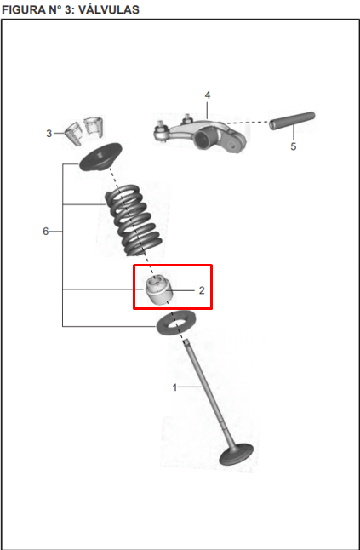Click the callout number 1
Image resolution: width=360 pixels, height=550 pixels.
174,387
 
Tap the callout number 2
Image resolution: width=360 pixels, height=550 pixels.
202,290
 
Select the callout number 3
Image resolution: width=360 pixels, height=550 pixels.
49,134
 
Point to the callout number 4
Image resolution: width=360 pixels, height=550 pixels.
208,95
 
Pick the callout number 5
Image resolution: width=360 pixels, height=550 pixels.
294,146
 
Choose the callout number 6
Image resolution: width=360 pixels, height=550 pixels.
46,232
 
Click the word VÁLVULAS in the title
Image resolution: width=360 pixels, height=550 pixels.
108,9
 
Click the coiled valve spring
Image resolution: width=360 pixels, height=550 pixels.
134,221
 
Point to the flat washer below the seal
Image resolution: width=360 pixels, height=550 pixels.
176,323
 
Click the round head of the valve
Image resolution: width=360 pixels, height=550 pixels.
237,455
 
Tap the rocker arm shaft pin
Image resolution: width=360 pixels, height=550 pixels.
292,120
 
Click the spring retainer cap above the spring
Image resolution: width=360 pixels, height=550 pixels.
100,157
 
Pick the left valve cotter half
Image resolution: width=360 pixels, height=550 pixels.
73,133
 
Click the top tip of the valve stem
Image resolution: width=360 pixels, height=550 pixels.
186,341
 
